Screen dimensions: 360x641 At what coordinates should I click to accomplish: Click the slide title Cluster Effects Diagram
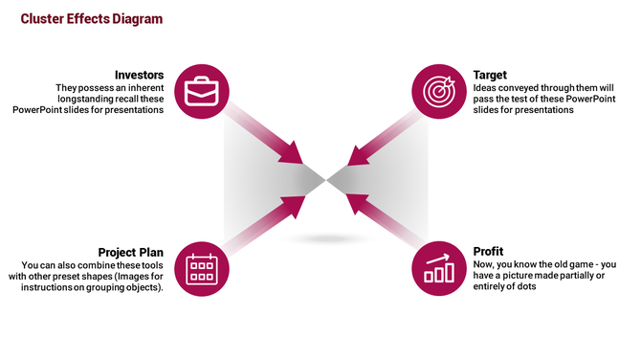click(92, 19)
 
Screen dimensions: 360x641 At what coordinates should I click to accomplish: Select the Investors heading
click(139, 75)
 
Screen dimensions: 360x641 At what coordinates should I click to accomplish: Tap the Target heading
click(490, 75)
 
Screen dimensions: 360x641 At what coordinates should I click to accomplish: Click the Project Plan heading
click(130, 252)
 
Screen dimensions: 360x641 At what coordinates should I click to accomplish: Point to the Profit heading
click(488, 252)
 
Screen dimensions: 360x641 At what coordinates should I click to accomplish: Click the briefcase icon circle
click(201, 92)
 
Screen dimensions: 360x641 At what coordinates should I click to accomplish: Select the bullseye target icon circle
click(438, 92)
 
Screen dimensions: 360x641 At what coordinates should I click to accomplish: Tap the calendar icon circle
click(201, 268)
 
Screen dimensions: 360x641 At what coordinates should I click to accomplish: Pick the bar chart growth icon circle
click(438, 268)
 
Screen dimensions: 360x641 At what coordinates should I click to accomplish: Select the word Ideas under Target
click(485, 87)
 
